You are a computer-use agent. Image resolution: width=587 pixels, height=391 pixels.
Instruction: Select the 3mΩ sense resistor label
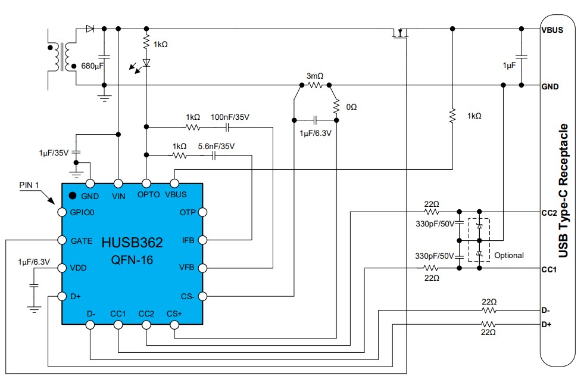pyautogui.click(x=314, y=76)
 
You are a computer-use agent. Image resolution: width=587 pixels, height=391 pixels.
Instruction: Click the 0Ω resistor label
pyautogui.click(x=352, y=107)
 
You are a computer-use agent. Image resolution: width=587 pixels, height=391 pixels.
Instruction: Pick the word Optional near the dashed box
pyautogui.click(x=508, y=255)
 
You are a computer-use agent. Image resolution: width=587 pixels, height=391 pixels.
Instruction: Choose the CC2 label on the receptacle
pyautogui.click(x=549, y=212)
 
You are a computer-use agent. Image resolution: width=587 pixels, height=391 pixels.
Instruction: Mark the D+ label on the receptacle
pyautogui.click(x=547, y=324)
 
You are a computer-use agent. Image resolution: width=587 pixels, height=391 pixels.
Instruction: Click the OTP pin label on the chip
pyautogui.click(x=188, y=212)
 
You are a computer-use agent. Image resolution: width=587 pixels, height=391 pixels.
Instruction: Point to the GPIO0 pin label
pyautogui.click(x=83, y=212)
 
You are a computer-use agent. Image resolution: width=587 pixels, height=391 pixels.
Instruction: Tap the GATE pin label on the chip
pyautogui.click(x=81, y=241)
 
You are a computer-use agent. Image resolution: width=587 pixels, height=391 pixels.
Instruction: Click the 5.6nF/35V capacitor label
pyautogui.click(x=216, y=146)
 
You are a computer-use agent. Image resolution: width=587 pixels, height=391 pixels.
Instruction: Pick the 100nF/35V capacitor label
pyautogui.click(x=230, y=117)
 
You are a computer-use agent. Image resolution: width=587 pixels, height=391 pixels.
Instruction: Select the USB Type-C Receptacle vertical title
pyautogui.click(x=563, y=191)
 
